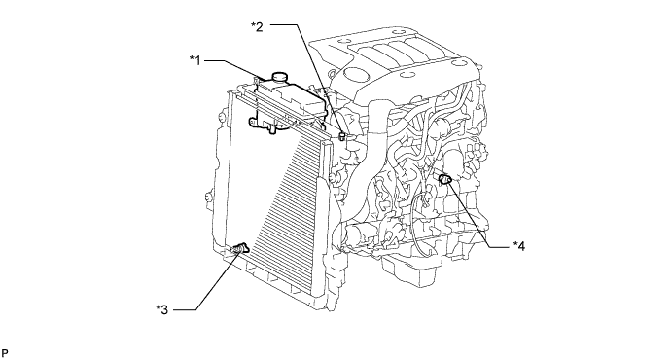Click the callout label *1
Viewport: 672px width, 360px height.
(195, 60)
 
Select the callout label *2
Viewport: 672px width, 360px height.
(257, 26)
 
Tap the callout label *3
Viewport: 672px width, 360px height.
(162, 309)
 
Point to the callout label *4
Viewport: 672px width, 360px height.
(519, 246)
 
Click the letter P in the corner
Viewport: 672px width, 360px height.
(5, 353)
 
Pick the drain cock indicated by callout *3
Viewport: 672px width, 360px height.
(240, 248)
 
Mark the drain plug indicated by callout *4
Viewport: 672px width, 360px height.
(444, 178)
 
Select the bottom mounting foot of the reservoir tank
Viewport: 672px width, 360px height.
(271, 128)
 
